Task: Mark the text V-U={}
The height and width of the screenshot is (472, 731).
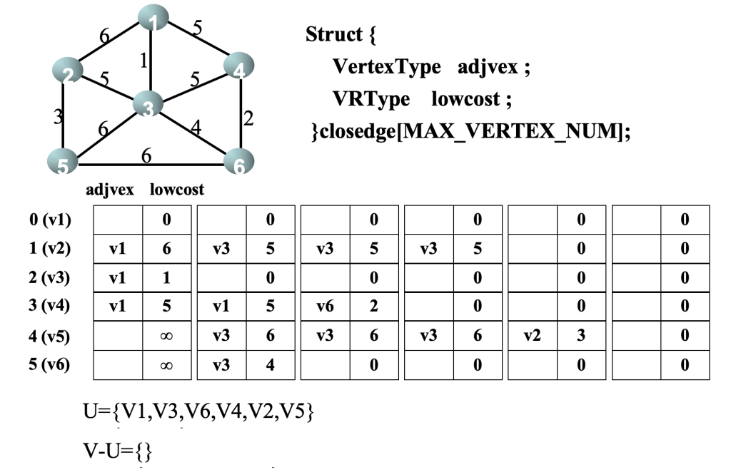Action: [119, 451]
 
